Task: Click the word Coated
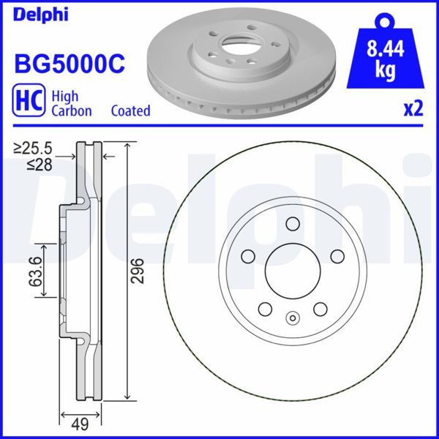click(x=130, y=111)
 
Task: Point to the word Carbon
click(x=71, y=111)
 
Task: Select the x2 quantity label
click(x=413, y=110)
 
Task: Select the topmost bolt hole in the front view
click(x=292, y=225)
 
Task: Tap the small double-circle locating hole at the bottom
click(x=293, y=318)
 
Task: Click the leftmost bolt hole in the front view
click(x=248, y=256)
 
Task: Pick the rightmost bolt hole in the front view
click(x=337, y=256)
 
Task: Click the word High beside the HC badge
click(x=65, y=96)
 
